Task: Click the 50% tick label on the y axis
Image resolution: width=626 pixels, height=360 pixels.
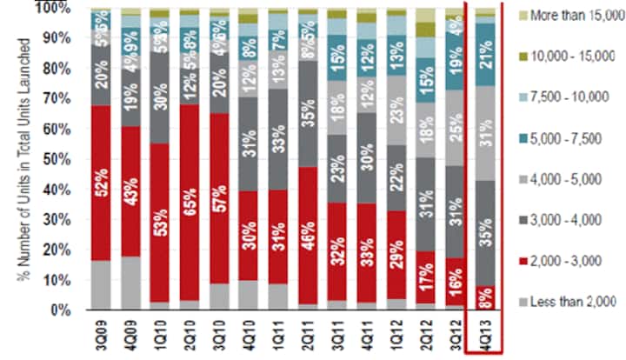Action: pyautogui.click(x=58, y=159)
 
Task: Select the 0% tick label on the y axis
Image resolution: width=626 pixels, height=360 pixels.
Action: pyautogui.click(x=63, y=310)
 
